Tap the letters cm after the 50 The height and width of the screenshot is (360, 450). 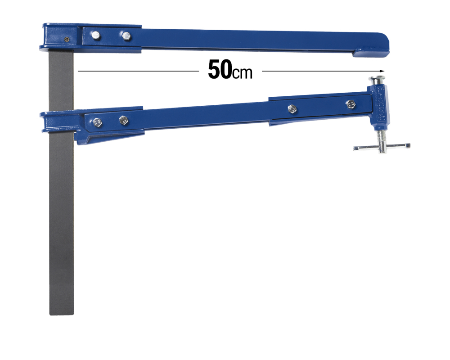tap(243, 73)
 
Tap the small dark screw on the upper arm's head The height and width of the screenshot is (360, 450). tap(67, 39)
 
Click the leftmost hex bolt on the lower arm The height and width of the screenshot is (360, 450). tap(96, 121)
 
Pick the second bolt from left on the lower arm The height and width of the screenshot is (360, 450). tap(123, 120)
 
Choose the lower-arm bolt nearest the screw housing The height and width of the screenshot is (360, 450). tap(351, 104)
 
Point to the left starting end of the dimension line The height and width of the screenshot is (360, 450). tap(79, 71)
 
